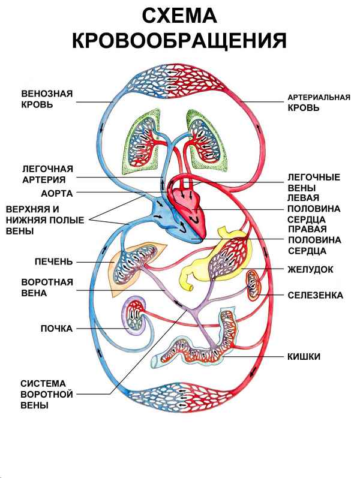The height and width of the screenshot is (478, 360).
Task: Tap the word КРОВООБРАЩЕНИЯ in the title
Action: tap(178, 40)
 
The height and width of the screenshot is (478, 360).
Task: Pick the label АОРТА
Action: tap(56, 194)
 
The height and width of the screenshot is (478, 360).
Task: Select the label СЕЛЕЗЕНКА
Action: tap(315, 296)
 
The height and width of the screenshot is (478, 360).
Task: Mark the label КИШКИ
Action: tap(304, 357)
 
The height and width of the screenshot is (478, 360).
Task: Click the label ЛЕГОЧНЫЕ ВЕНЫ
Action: tap(314, 182)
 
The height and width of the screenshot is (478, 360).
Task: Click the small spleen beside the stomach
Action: tap(255, 284)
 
